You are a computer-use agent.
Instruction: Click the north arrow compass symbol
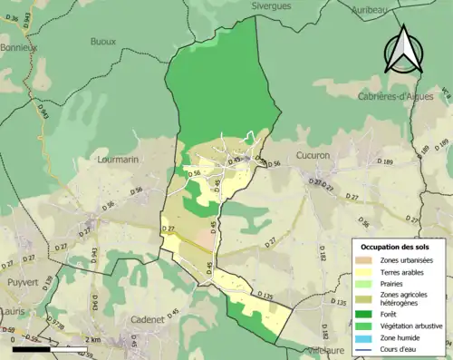403,50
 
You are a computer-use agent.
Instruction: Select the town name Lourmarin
116,160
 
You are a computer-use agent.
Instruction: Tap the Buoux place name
103,41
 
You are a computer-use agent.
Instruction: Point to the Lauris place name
12,310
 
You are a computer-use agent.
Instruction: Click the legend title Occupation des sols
400,247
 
